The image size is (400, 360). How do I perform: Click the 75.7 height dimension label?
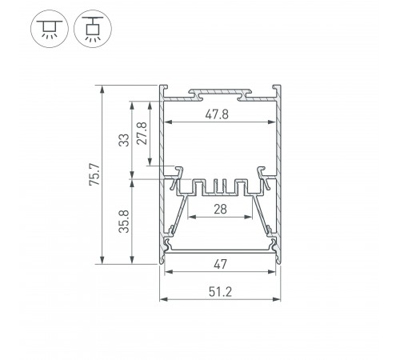(94, 174)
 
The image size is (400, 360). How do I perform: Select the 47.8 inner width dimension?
(217, 114)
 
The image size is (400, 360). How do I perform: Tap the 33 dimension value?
(123, 140)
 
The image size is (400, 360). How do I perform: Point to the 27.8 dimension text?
(142, 133)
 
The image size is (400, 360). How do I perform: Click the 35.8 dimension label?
(124, 222)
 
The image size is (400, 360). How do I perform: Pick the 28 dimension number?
(220, 210)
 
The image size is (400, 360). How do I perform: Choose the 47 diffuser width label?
(220, 264)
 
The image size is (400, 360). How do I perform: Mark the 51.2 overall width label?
(220, 292)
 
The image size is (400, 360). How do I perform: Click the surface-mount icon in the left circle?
(50, 29)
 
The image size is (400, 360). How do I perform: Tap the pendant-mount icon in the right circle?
(93, 29)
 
